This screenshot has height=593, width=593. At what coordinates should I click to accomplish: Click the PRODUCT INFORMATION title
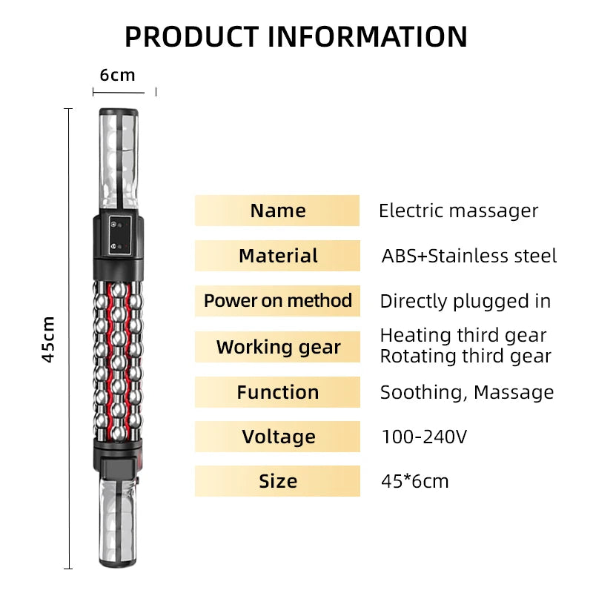coord(296,36)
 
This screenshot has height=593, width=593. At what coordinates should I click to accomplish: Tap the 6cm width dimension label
coord(118,75)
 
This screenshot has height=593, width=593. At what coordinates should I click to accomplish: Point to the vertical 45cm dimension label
coord(48,339)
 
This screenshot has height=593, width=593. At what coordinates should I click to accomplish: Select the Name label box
coord(277,211)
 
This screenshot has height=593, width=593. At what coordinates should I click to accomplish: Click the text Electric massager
coord(458,211)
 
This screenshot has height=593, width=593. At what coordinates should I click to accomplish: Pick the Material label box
coord(277,256)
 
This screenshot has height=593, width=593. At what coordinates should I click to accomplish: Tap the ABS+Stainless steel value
coord(468,256)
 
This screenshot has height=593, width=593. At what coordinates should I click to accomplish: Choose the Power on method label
coord(277,301)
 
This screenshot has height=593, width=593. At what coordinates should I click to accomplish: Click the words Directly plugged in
coord(465,301)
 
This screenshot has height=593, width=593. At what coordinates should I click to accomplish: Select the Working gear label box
coord(277,347)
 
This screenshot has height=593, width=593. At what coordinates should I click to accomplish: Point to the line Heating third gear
coord(463,336)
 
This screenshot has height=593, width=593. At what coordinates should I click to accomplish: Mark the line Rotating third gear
coord(465,356)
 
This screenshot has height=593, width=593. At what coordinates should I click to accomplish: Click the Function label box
coord(277,392)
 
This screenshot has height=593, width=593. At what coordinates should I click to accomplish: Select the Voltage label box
coord(277,437)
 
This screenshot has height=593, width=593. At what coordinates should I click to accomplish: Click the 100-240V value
coord(424,437)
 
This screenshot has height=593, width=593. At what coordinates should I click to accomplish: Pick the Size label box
coord(277,481)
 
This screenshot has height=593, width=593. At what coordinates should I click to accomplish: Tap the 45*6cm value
coord(414,481)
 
